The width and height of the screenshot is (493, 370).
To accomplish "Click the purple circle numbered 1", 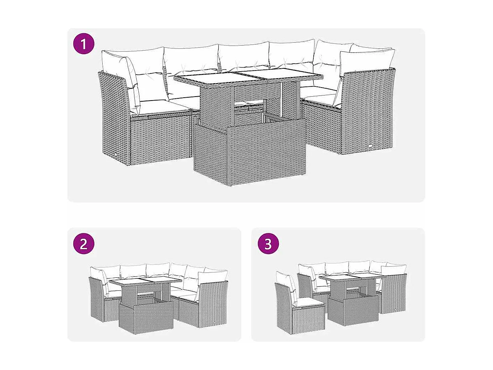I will [x=83, y=44].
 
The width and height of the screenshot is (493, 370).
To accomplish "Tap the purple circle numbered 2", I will [x=83, y=243].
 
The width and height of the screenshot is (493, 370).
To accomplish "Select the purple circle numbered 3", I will [x=268, y=243].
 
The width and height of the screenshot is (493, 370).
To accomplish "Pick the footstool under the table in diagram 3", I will [x=353, y=309].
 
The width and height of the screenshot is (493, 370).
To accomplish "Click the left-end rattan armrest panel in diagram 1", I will [x=114, y=116].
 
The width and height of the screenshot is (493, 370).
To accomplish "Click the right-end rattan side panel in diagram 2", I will [x=213, y=304].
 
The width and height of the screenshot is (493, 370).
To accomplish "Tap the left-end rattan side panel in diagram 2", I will [x=96, y=298].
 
